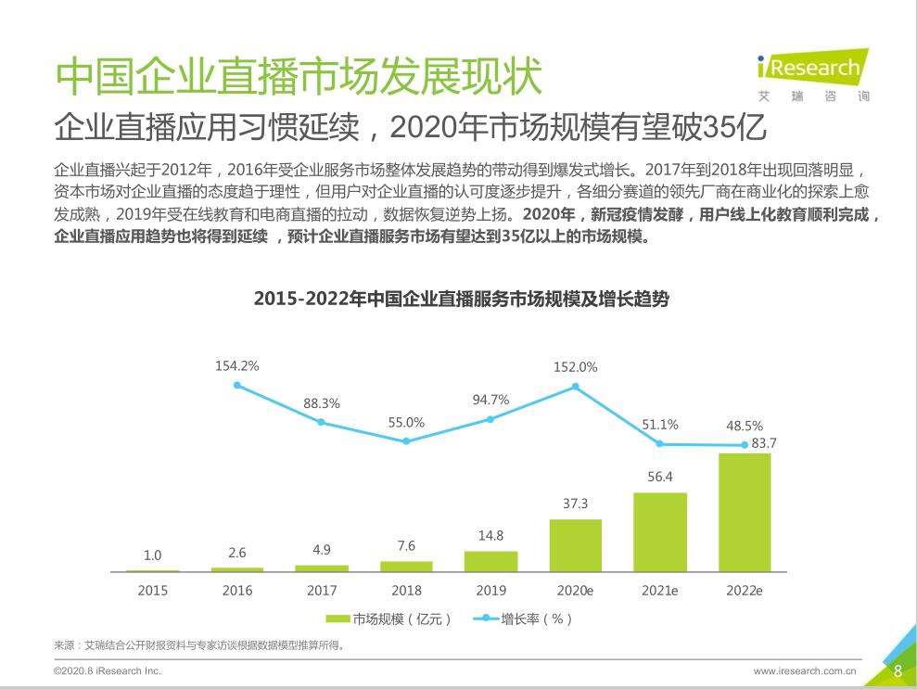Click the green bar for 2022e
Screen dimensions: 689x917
pyautogui.click(x=745, y=512)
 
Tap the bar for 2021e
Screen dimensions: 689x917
pyautogui.click(x=659, y=531)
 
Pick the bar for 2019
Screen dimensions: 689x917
pyautogui.click(x=490, y=561)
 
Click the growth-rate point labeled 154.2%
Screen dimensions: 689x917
pyautogui.click(x=237, y=385)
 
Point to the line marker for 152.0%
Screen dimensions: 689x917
pyautogui.click(x=575, y=386)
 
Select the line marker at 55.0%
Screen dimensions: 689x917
pyautogui.click(x=406, y=440)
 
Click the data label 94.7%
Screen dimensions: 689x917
pyautogui.click(x=490, y=400)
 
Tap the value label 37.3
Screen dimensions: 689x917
pyautogui.click(x=575, y=504)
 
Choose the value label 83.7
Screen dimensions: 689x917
pyautogui.click(x=764, y=443)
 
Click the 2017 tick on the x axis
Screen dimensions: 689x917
pyautogui.click(x=322, y=590)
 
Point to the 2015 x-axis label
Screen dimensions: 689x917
pyautogui.click(x=153, y=590)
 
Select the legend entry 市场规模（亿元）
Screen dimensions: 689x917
pyautogui.click(x=388, y=619)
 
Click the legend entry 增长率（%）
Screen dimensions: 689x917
pyautogui.click(x=523, y=619)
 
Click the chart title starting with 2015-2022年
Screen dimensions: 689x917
pyautogui.click(x=461, y=300)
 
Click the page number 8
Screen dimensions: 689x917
pyautogui.click(x=897, y=670)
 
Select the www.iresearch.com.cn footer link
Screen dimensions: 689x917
pyautogui.click(x=804, y=670)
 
